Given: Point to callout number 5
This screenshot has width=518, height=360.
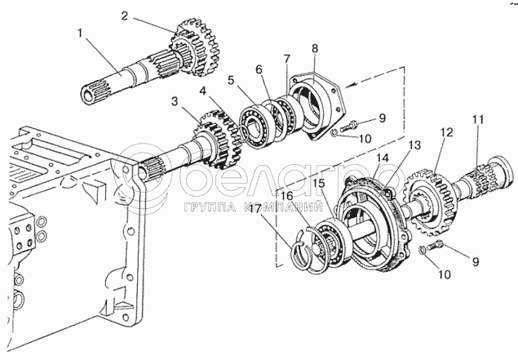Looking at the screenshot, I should [232, 80].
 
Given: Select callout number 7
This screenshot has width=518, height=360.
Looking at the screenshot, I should [286, 60].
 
